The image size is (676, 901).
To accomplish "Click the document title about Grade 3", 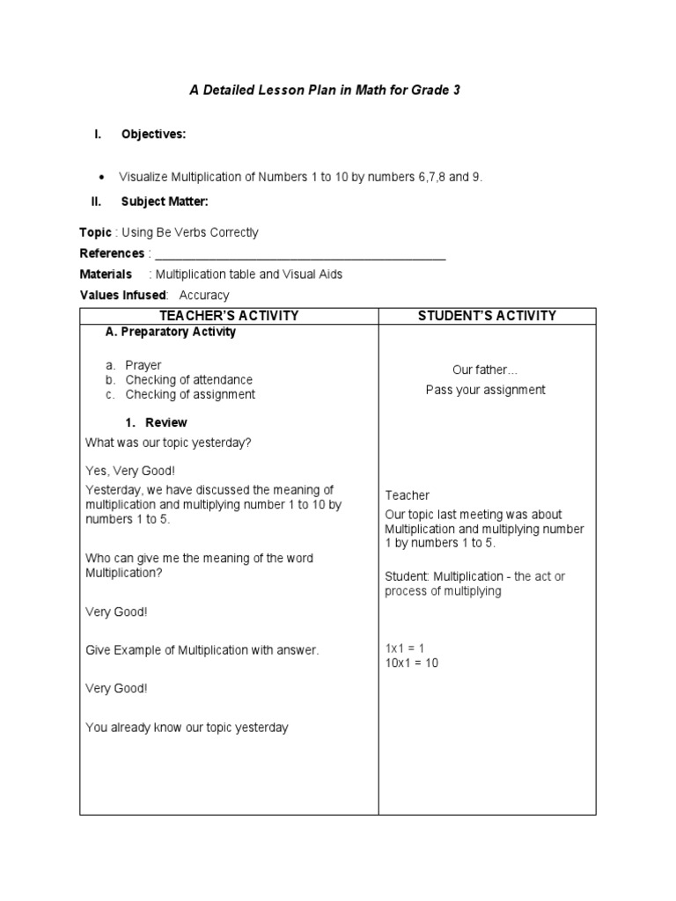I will [x=326, y=90].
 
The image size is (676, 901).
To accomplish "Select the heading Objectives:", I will [x=153, y=135].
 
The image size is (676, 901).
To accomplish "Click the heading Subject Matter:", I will [x=165, y=202].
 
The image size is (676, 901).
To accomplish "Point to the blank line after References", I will [x=299, y=255].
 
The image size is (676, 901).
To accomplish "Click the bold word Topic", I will [x=95, y=233].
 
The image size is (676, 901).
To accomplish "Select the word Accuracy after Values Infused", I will [x=203, y=296].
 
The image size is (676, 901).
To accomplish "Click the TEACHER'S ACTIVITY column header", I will [x=229, y=316].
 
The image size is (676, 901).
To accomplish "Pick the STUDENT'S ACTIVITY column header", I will [x=487, y=316].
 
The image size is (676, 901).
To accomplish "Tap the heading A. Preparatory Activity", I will [x=170, y=333].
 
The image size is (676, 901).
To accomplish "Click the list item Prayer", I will [x=143, y=365].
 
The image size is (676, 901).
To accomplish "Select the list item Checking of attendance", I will [x=188, y=380].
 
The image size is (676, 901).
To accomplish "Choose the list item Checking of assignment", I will [x=190, y=395].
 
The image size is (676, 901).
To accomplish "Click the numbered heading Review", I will [x=166, y=423].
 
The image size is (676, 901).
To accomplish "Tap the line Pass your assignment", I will [x=486, y=390].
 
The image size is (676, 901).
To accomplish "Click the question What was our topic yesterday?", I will [x=168, y=443].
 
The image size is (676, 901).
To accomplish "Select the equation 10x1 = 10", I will [x=411, y=663].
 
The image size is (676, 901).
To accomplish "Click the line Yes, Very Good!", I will [x=130, y=471].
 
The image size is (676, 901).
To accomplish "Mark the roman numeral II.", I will [x=96, y=202].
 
